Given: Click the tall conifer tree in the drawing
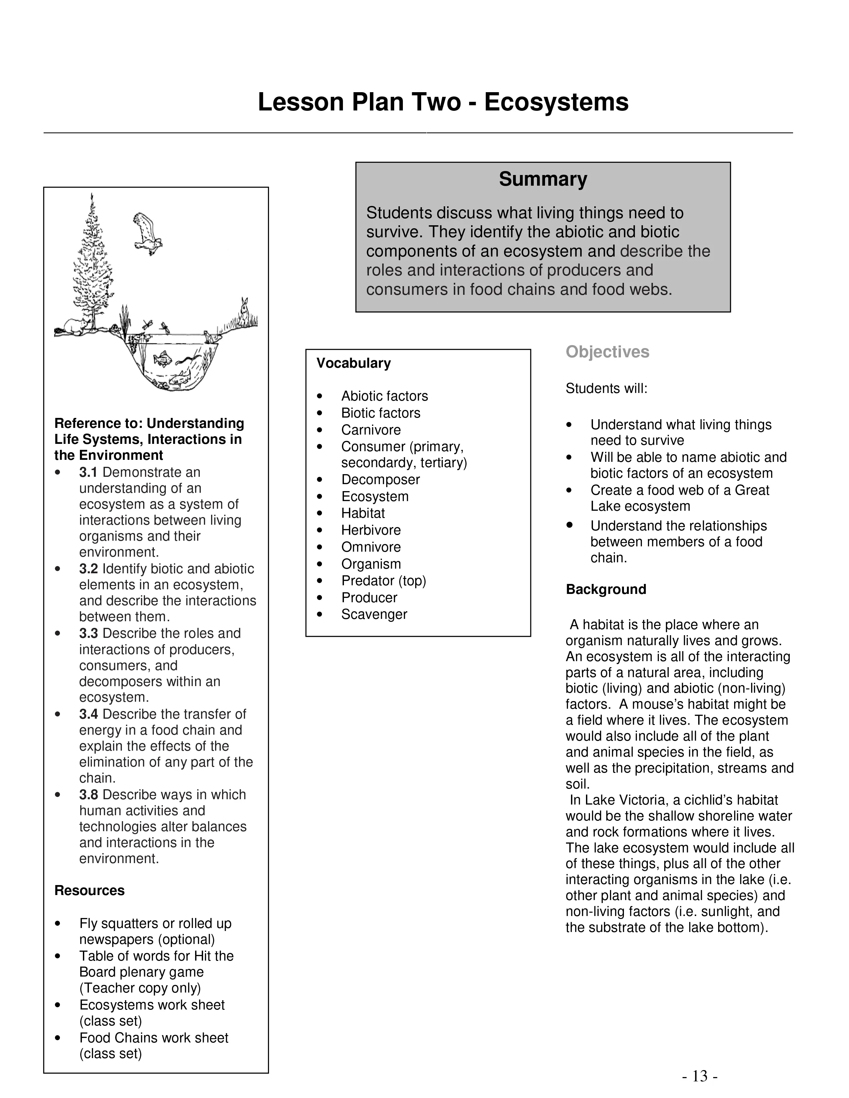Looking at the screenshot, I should [x=93, y=262].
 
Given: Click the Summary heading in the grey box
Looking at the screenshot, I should [x=543, y=179].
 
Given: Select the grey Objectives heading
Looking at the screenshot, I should [x=607, y=352].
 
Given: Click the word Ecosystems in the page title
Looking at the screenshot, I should [x=556, y=102].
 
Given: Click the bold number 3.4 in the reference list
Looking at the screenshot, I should [x=89, y=714].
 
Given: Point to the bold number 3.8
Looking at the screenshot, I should [x=89, y=795].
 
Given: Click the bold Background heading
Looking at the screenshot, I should [x=606, y=589].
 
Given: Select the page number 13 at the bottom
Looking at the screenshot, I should [x=700, y=1076].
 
